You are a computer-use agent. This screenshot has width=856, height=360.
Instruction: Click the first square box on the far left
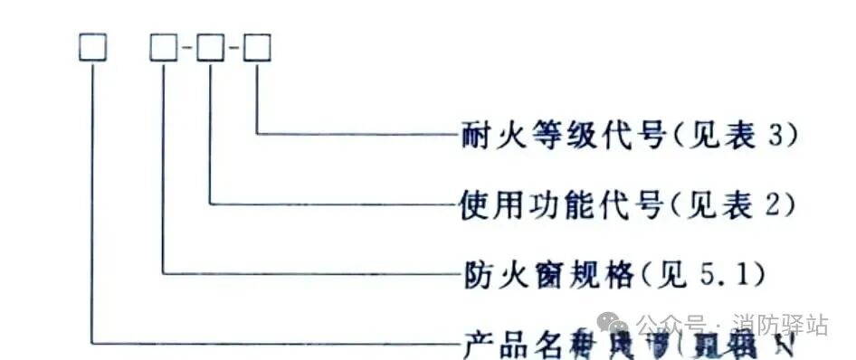93,48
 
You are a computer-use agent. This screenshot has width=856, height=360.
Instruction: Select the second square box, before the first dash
164,48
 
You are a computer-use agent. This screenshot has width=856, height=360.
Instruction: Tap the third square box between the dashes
211,48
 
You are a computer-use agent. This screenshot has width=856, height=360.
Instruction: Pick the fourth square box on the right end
258,48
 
